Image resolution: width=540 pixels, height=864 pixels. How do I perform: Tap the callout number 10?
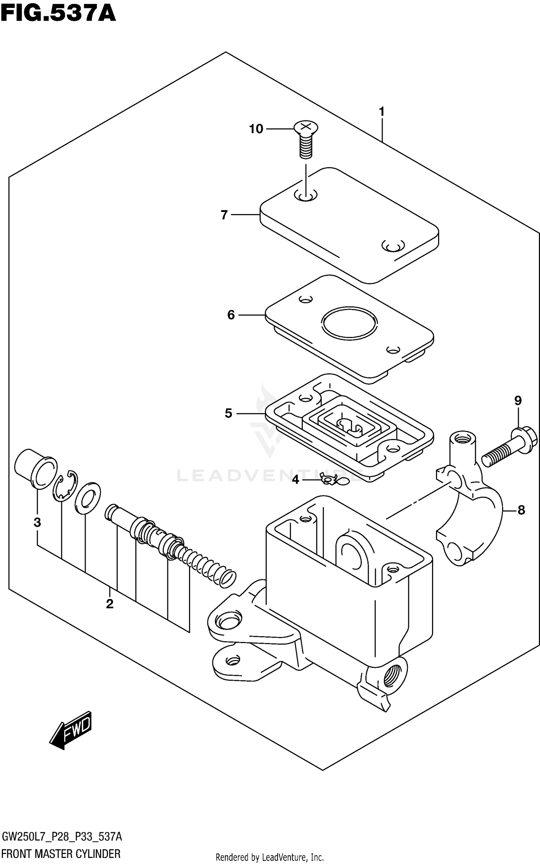[256, 129]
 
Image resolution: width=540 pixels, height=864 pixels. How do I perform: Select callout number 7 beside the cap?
[224, 215]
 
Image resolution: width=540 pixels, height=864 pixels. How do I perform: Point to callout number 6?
[231, 315]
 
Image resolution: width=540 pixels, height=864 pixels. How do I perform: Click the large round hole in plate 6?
[350, 323]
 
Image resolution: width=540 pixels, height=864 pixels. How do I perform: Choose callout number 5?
[228, 413]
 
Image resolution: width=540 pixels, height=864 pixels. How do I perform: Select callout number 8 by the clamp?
[521, 510]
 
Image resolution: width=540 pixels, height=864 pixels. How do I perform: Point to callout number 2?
[109, 604]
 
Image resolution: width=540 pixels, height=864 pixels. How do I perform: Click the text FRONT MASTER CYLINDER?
[61, 854]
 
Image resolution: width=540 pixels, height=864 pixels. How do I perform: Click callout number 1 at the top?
[382, 112]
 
